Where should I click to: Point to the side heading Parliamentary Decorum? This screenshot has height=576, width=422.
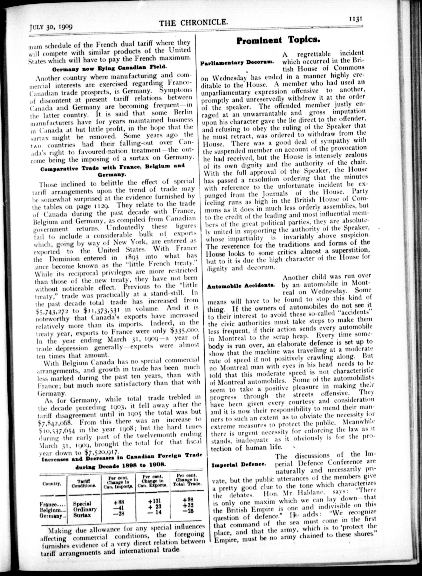(238, 63)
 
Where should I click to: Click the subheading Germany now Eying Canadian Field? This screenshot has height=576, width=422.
(110, 69)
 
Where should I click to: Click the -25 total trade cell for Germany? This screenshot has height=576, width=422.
(188, 511)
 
